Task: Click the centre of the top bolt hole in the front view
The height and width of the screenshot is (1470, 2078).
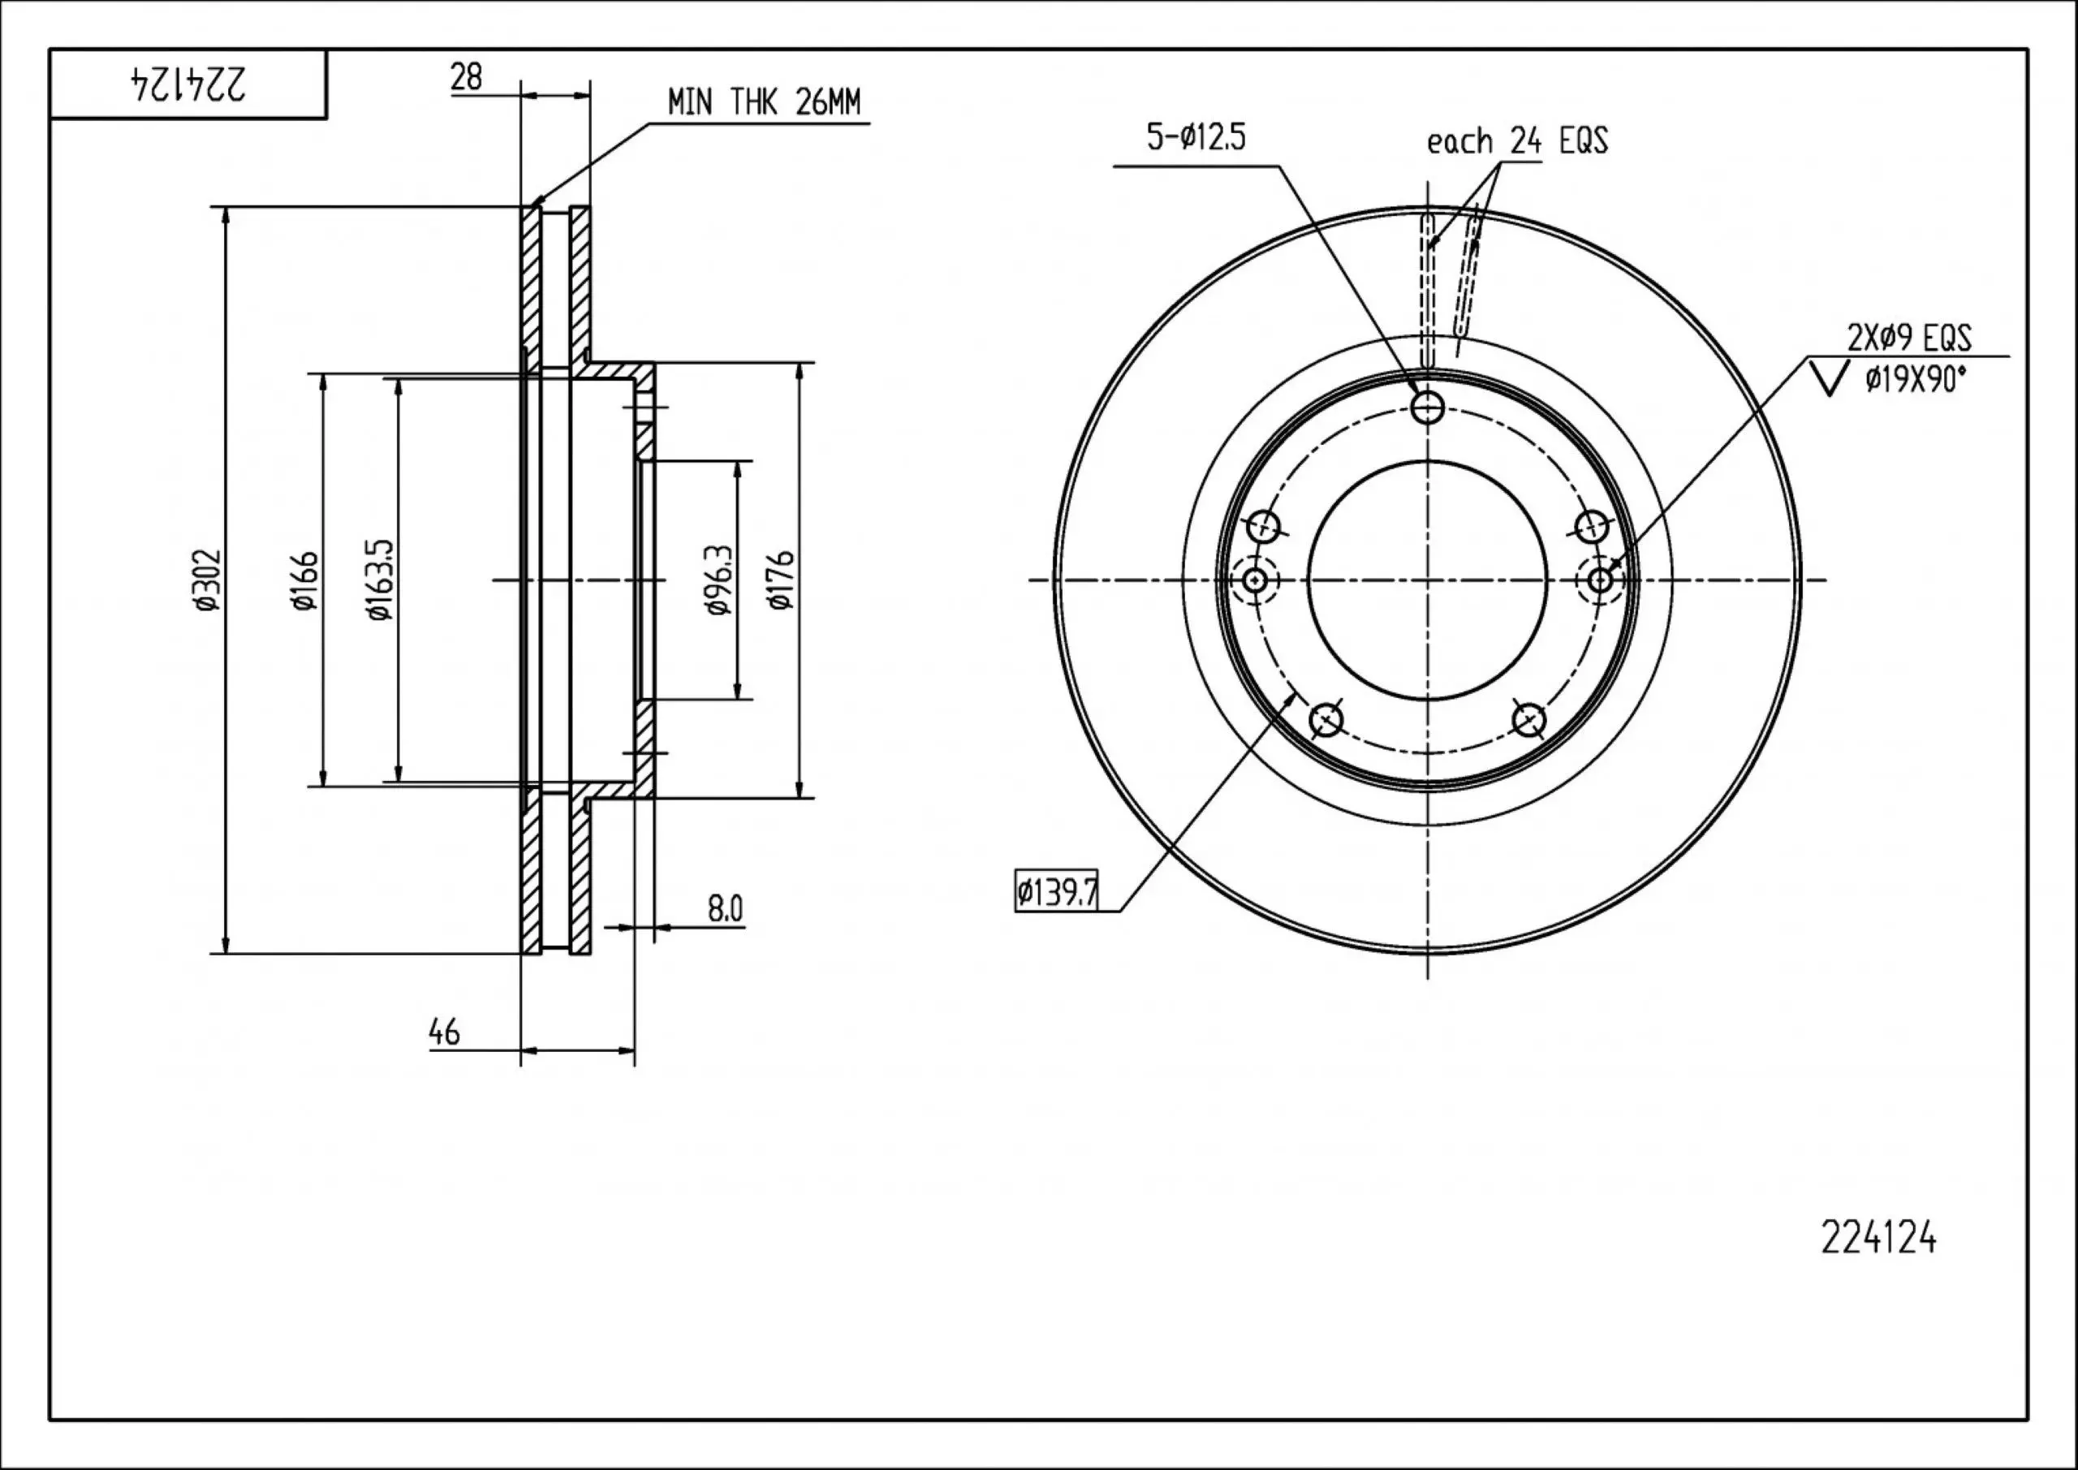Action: (x=1427, y=407)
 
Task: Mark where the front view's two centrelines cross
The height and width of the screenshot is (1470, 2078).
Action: (x=1427, y=580)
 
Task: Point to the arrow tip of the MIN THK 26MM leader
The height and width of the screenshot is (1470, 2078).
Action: (x=533, y=207)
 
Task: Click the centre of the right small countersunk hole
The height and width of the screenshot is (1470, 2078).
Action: (x=1600, y=580)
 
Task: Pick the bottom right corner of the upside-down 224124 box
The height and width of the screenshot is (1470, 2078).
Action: (x=325, y=118)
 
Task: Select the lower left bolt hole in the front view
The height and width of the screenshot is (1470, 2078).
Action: (x=1326, y=720)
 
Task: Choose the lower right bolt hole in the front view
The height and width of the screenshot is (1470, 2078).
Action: (x=1528, y=720)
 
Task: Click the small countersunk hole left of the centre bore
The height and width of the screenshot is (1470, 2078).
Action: (x=1254, y=580)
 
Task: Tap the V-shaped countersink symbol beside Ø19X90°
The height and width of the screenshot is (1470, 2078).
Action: (x=1829, y=378)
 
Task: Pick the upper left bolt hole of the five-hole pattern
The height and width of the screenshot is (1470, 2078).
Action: (x=1265, y=525)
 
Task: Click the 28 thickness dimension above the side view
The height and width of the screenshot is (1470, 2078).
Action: (x=466, y=77)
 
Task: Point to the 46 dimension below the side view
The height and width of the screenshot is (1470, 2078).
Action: (x=444, y=1032)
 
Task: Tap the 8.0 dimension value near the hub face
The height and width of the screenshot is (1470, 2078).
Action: (x=725, y=907)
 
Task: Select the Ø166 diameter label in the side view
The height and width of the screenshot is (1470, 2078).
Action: (x=306, y=580)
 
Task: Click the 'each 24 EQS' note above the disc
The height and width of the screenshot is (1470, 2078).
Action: (x=1518, y=141)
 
